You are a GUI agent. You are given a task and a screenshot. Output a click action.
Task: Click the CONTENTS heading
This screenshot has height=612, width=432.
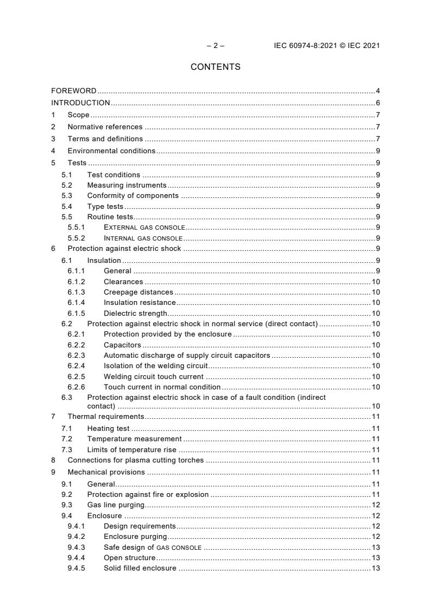[x=215, y=67]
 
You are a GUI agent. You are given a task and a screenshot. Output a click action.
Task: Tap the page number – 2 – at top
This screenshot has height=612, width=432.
[x=216, y=45]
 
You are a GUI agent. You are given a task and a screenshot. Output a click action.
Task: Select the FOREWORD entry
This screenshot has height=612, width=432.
[x=74, y=91]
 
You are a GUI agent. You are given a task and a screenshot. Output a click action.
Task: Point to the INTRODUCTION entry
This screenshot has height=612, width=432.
[x=81, y=103]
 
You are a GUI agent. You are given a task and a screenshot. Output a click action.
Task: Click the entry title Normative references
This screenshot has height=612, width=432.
[x=105, y=127]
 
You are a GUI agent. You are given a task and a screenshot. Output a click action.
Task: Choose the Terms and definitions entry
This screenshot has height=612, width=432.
[x=105, y=139]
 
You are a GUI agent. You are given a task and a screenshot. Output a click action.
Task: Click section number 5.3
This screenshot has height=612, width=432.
[x=66, y=196]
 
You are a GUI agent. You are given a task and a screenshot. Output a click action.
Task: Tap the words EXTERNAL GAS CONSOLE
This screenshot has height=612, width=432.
[x=144, y=227]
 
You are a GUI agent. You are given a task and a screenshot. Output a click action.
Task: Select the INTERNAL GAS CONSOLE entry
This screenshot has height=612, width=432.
[x=143, y=238]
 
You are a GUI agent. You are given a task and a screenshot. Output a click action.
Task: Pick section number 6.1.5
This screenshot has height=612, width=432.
[x=76, y=313]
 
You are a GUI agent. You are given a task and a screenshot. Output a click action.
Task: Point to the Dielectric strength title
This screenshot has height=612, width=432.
[x=135, y=313]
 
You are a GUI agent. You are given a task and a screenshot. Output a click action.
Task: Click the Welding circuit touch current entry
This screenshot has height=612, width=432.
[x=154, y=376]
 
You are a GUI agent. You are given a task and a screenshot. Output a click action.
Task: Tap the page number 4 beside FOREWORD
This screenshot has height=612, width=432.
[x=378, y=91]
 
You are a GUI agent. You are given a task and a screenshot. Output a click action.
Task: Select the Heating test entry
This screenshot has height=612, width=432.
[x=108, y=429]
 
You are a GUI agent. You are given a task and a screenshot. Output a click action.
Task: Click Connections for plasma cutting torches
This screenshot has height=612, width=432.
[x=136, y=460]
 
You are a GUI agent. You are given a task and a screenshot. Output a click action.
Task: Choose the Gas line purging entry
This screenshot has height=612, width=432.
[x=116, y=505]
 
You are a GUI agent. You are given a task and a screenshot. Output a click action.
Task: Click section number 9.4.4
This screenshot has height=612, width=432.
[x=76, y=557]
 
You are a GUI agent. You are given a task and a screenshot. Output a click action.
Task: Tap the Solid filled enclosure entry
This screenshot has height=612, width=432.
[x=140, y=568]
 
